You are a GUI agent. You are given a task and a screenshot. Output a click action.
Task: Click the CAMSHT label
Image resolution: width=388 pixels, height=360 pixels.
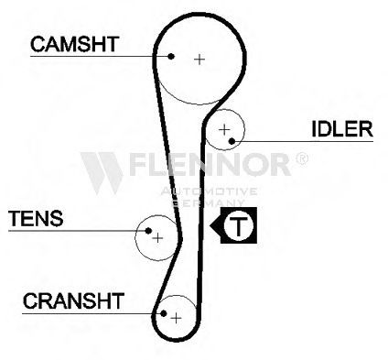point(74,44)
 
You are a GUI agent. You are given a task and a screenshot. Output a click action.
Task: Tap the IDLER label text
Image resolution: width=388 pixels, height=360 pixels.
point(342,129)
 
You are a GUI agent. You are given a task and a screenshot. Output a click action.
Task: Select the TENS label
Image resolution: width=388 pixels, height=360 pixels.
point(36,218)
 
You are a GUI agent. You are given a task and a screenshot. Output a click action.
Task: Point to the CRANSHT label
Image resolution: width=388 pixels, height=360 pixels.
point(73,300)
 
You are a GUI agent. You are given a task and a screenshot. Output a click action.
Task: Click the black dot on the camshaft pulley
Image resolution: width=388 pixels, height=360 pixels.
point(171,56)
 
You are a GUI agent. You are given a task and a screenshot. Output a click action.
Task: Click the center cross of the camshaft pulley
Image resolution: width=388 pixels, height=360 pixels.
point(199,60)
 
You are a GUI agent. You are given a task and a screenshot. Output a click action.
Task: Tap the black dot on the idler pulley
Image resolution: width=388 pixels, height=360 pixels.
point(232,141)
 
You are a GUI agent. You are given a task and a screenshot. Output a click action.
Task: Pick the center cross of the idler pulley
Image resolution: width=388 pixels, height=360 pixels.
point(224,130)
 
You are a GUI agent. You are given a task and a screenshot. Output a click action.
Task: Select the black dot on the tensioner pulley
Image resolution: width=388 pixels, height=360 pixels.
point(148,231)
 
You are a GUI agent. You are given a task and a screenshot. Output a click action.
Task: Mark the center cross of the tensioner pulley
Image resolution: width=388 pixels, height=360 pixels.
point(157,237)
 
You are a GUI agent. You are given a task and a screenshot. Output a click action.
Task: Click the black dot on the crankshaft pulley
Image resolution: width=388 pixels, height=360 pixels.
point(164,313)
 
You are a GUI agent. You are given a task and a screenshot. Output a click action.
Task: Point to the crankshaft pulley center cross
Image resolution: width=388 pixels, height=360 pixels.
point(176,318)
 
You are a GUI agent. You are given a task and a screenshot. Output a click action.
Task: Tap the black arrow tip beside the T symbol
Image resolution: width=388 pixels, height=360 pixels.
point(210,226)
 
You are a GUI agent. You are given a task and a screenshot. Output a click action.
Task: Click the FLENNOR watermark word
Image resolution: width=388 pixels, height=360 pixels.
point(210,164)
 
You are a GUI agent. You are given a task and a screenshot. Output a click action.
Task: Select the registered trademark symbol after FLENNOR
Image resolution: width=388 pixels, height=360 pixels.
point(302,158)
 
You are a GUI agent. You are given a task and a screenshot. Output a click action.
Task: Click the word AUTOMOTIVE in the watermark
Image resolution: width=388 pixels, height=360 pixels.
point(209,191)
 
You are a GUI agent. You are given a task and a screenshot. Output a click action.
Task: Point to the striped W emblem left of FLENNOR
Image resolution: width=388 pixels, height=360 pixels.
point(102,173)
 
